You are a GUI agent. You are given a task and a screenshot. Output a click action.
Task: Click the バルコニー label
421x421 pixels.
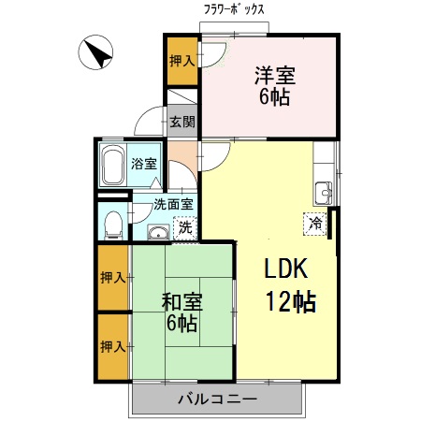tap(217, 400)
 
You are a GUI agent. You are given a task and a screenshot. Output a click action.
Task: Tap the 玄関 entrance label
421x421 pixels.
tap(182, 121)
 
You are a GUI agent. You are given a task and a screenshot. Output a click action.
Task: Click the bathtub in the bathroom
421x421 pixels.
tap(113, 166)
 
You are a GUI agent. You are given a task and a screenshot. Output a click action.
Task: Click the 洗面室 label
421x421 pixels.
tap(173, 203)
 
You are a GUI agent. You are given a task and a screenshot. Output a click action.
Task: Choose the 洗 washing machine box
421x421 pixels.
tap(185, 226)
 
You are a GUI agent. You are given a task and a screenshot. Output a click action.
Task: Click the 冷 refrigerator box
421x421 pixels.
tap(315, 224)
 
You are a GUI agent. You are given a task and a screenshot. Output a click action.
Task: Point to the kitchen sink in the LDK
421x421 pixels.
tap(325, 191)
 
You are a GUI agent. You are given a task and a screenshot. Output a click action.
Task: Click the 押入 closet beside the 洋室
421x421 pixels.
tap(181, 62)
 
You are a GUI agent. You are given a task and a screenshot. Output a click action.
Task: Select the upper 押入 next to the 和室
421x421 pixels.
tap(113, 277)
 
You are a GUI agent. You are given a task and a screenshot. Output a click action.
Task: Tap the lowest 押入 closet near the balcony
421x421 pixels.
tap(113, 347)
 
